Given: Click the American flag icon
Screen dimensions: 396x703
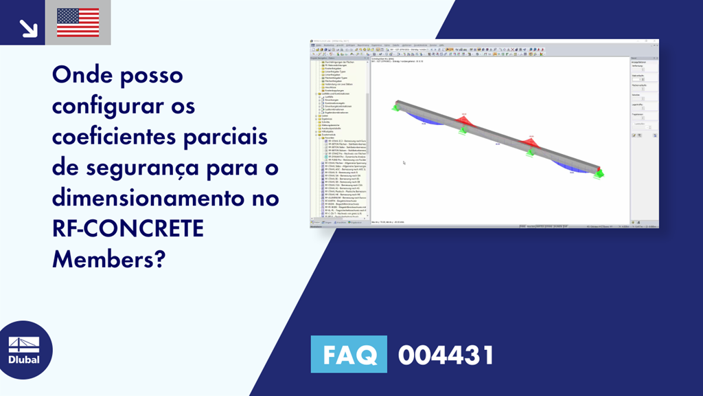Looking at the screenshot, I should tap(78, 22).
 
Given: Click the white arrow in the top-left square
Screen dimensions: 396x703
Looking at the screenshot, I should tap(28, 27).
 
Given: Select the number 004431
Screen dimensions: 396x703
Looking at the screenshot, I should tap(446, 355).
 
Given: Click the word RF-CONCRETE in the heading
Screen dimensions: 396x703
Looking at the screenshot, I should tap(128, 228).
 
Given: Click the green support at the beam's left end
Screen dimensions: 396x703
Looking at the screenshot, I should tap(396, 107).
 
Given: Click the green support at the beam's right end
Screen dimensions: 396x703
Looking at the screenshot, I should tap(599, 173).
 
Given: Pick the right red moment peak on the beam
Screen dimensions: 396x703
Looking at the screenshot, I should tap(529, 142).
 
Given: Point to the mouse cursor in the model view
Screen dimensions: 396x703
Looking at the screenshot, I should tap(404, 163).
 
